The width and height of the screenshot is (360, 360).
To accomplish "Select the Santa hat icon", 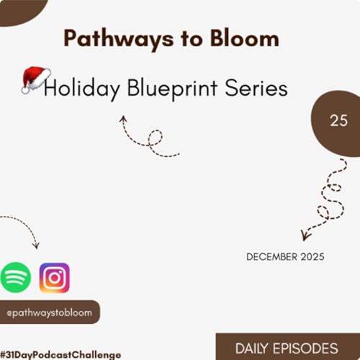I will tap(35, 78).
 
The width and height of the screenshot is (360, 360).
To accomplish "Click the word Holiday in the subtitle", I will tap(79, 89).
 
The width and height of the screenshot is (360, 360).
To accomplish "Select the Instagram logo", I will tap(54, 277).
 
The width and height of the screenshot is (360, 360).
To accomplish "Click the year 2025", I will tap(312, 256).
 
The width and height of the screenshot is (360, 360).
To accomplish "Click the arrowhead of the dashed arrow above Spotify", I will tap(37, 245).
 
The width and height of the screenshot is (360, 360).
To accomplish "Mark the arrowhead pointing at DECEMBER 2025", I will tap(305, 236).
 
